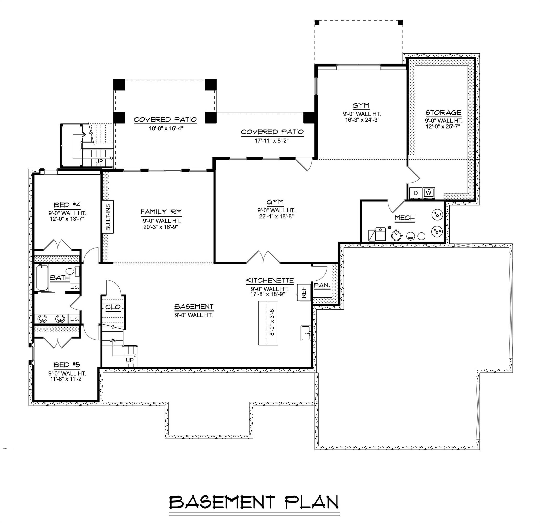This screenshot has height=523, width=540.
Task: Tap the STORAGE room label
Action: tap(443, 112)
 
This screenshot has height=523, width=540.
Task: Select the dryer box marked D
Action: tap(416, 193)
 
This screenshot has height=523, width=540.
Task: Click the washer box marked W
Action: tap(428, 193)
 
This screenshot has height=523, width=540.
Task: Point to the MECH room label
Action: tap(405, 218)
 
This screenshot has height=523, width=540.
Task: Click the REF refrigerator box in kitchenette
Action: tap(304, 293)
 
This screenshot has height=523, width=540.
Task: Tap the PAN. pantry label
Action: tap(322, 286)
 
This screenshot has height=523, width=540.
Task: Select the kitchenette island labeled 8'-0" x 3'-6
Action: tap(268, 323)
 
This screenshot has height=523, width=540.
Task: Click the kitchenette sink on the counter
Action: tap(306, 333)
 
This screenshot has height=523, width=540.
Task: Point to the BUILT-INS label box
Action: tap(108, 217)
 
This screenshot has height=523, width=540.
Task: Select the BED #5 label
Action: tap(67, 365)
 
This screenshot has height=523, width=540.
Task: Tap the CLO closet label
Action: tap(113, 307)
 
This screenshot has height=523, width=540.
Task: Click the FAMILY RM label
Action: tap(161, 212)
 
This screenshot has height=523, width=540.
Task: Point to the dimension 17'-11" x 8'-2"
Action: tap(272, 141)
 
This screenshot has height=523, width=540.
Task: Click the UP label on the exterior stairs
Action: tap(99, 161)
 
